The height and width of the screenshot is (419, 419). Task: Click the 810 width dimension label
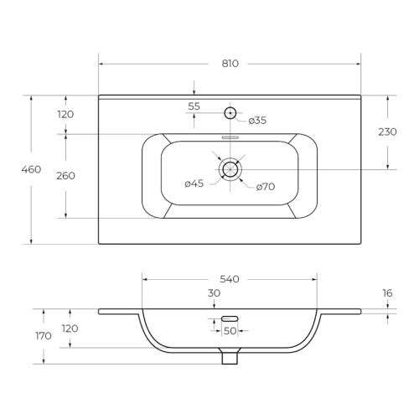(230, 64)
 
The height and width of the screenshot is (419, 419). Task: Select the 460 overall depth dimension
(31, 169)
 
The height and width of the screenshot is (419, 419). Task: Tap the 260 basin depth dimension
(65, 176)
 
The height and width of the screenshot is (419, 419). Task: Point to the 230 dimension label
(387, 132)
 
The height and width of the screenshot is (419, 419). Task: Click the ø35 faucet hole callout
(257, 121)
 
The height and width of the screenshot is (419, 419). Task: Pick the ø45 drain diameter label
(194, 184)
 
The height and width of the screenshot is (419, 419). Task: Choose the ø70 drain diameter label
(266, 186)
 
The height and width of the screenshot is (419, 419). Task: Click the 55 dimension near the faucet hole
(194, 106)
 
